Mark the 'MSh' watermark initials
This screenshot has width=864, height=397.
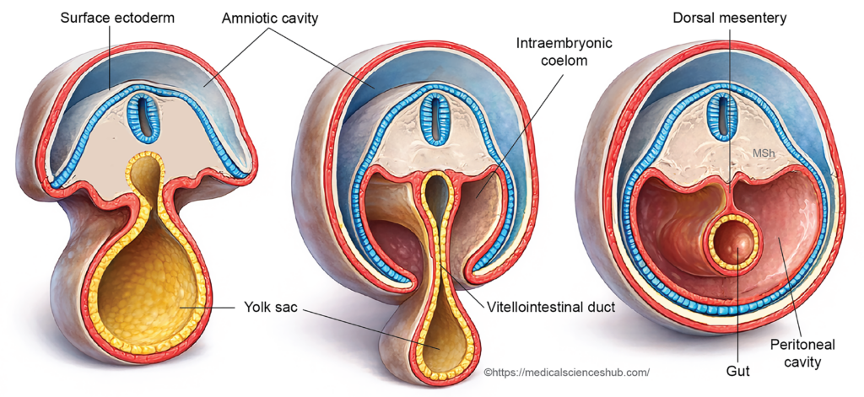click(x=764, y=153)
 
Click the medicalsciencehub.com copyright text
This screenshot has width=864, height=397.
click(x=566, y=372)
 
